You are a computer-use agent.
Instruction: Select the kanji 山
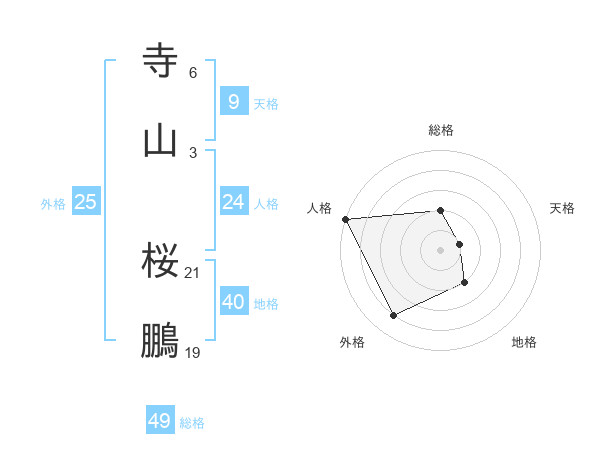tap(160, 141)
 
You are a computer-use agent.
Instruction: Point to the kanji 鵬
tap(160, 341)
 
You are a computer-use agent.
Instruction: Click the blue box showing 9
tap(233, 102)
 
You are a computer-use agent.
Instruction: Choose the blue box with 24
tap(233, 202)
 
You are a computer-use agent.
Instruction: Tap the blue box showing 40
tap(233, 302)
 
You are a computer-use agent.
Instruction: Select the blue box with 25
tap(85, 202)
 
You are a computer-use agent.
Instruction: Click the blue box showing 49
tap(159, 421)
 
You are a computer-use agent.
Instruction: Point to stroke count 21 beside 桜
tap(193, 273)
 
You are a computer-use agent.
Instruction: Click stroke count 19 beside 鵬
tap(193, 352)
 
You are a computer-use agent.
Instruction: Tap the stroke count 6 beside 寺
tap(193, 73)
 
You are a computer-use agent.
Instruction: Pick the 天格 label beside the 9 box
tap(266, 103)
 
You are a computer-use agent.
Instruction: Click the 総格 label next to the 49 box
tap(192, 423)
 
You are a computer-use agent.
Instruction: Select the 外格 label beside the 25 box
tap(53, 204)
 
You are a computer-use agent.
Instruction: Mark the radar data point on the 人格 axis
tap(345, 219)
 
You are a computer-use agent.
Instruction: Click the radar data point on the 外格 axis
tap(393, 316)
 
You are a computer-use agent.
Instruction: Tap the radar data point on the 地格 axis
tap(465, 283)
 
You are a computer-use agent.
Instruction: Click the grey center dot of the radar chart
tap(441, 250)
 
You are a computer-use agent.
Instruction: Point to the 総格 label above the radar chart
tap(441, 130)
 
